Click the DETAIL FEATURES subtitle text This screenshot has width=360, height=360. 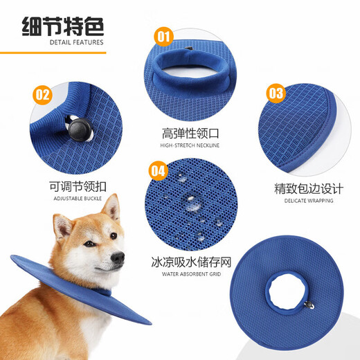point(77,42)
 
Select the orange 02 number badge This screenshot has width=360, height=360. point(43,94)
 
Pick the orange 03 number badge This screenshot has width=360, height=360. point(276,93)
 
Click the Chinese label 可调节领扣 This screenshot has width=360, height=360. point(78,186)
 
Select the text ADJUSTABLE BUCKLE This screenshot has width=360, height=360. point(77,198)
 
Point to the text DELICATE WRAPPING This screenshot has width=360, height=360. point(308,201)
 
